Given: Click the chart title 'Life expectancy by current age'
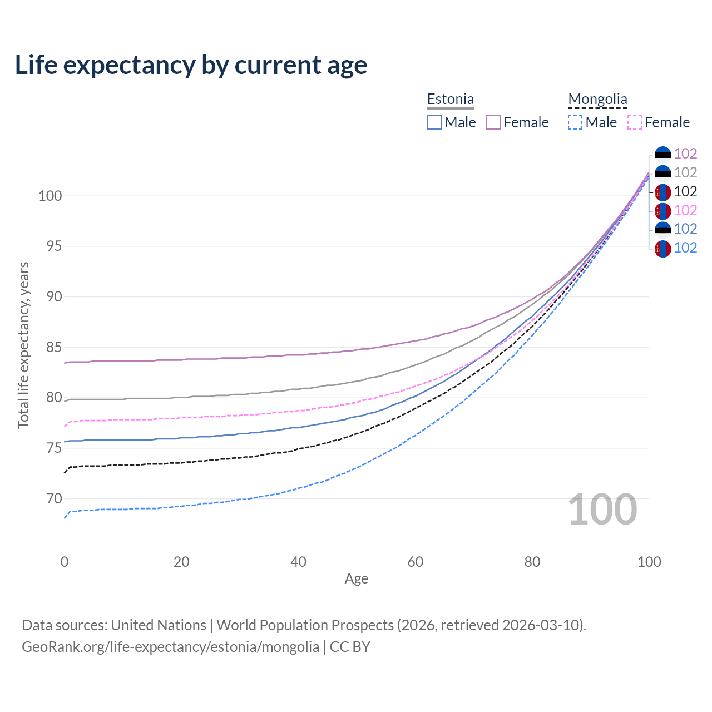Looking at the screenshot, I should tap(191, 65).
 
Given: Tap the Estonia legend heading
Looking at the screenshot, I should tap(451, 99).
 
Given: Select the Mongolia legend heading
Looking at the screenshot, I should tap(597, 99).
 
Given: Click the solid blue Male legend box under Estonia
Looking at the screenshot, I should tap(434, 122).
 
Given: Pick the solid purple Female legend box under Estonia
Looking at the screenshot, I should tap(493, 122).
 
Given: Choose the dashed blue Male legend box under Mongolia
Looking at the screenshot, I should tap(575, 122).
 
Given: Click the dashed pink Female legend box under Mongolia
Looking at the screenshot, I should tap(634, 122).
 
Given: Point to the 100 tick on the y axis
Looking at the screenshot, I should tap(50, 196).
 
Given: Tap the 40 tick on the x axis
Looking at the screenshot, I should tap(298, 562).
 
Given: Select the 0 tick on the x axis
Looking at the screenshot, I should tap(65, 562).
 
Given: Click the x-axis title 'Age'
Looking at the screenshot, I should tap(356, 578).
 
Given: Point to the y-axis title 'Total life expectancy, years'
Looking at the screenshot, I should tap(23, 345).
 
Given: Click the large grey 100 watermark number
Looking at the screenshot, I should tap(602, 510).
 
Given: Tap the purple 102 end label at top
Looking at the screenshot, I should tap(685, 154).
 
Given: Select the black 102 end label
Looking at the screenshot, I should tap(685, 191).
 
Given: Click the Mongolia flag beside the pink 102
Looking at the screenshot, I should tap(662, 211).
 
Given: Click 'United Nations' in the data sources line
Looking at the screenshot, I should tap(159, 625).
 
